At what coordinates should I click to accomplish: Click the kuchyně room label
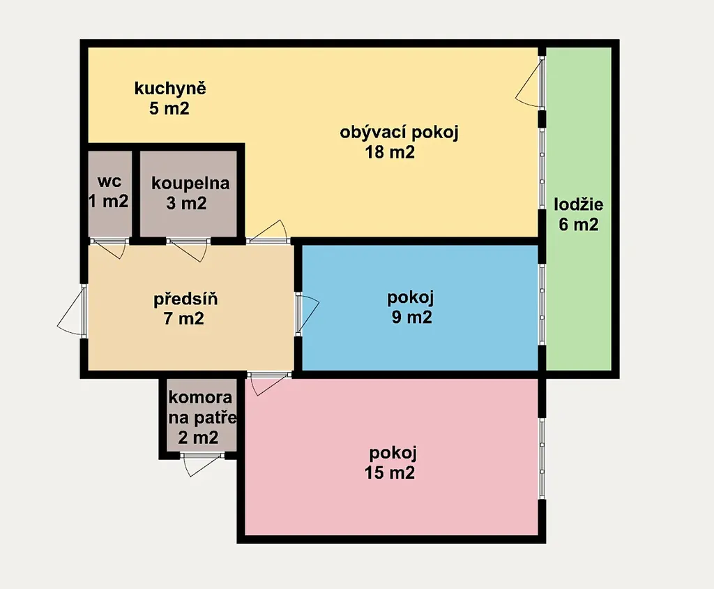click(x=170, y=89)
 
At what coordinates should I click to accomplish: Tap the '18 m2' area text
click(x=390, y=152)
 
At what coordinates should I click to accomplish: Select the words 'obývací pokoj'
click(x=399, y=133)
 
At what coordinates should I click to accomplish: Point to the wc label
click(x=109, y=181)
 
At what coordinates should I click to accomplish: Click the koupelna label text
click(x=190, y=184)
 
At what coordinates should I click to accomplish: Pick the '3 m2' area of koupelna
click(x=186, y=203)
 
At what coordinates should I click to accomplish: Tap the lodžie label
click(x=578, y=204)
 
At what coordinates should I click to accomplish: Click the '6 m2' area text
click(x=578, y=225)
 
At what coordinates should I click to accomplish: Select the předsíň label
click(x=185, y=299)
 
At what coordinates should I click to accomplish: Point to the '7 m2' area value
click(x=183, y=319)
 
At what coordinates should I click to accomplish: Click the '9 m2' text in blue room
click(x=411, y=318)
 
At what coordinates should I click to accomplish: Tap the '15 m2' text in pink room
click(x=390, y=473)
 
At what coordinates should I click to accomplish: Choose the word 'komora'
click(x=200, y=398)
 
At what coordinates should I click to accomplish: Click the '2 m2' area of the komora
click(x=198, y=438)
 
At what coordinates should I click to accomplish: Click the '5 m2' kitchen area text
click(x=169, y=109)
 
